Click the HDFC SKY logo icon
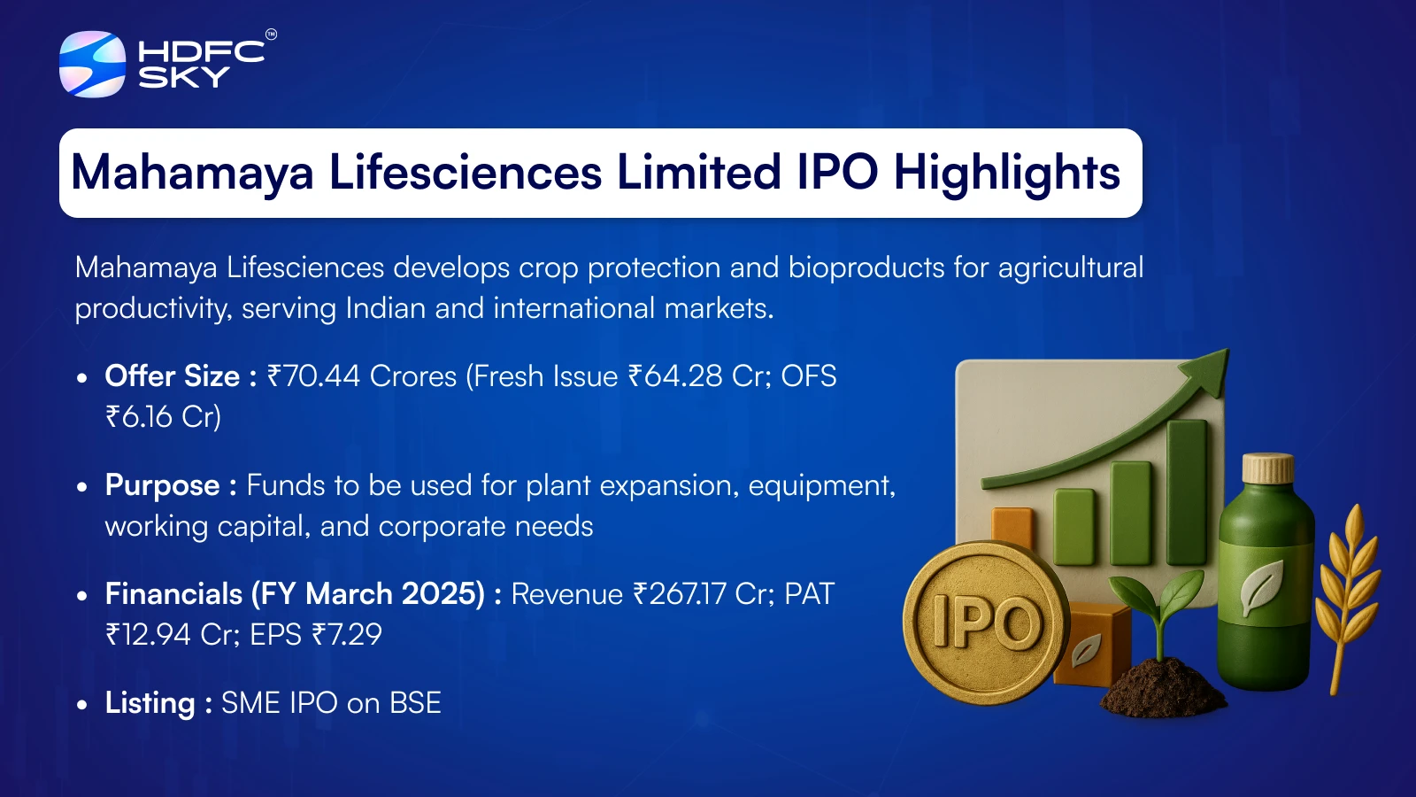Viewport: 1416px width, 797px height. pyautogui.click(x=92, y=64)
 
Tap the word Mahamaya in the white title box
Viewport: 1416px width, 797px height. pyautogui.click(x=192, y=173)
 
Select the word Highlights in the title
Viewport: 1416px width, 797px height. pyautogui.click(x=1006, y=173)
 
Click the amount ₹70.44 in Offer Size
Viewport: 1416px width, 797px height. pyautogui.click(x=313, y=376)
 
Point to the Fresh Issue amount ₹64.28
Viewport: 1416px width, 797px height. pyautogui.click(x=675, y=376)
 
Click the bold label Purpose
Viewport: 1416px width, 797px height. pyautogui.click(x=163, y=486)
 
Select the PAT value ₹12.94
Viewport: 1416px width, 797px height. pyautogui.click(x=148, y=634)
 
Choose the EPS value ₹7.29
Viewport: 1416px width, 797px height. pyautogui.click(x=346, y=634)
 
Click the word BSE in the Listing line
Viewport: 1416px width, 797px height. pyautogui.click(x=415, y=703)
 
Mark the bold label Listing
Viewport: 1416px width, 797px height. pyautogui.click(x=150, y=703)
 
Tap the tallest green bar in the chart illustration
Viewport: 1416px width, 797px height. pyautogui.click(x=1187, y=491)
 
